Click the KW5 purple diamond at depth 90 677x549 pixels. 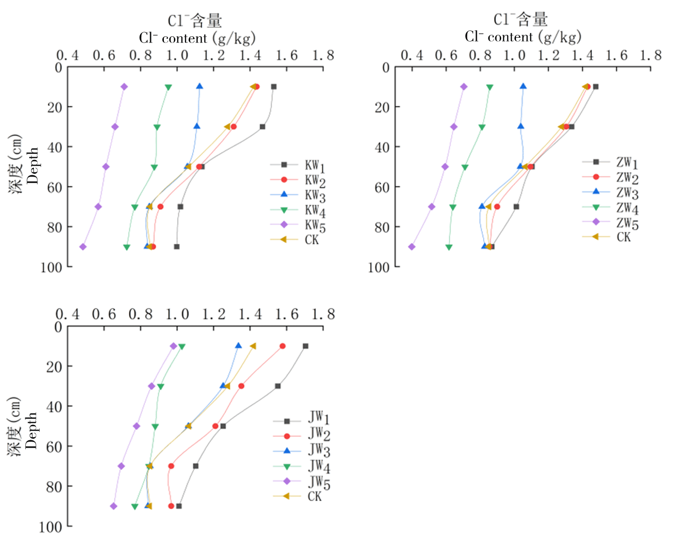click(83, 247)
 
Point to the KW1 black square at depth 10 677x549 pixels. click(274, 86)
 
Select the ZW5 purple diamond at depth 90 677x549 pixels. click(412, 247)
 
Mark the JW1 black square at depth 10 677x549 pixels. click(305, 346)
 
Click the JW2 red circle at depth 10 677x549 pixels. click(283, 346)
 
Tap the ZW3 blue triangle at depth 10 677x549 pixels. click(523, 86)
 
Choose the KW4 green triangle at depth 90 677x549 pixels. click(127, 247)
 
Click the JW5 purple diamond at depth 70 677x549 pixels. click(121, 466)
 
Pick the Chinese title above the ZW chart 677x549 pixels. click(520, 20)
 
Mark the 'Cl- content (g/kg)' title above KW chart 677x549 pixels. click(197, 38)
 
